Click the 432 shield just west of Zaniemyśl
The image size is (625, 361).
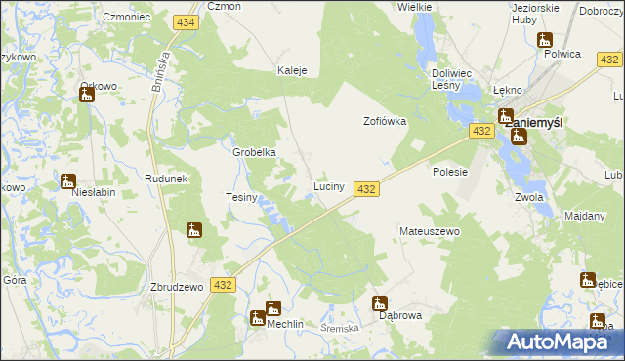[479, 130]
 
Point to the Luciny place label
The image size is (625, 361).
[328, 185]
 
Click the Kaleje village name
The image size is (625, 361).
[293, 70]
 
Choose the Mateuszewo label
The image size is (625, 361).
[430, 232]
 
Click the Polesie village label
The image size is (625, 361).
[451, 171]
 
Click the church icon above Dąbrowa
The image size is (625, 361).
[380, 303]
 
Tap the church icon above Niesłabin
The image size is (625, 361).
[67, 180]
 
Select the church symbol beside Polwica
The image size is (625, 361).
[545, 41]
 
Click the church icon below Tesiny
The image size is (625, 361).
[194, 231]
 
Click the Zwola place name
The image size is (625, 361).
[527, 194]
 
